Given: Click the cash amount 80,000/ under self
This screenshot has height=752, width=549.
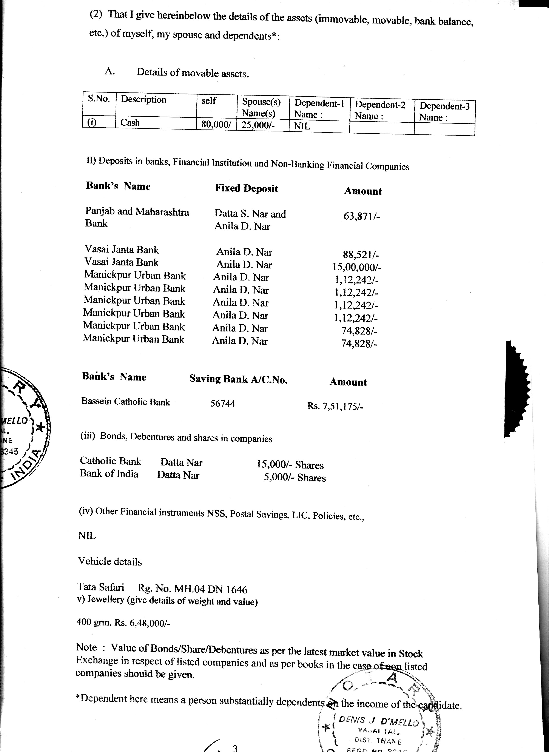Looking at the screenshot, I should tap(216, 124).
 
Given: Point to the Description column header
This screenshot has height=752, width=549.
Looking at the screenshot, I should tap(143, 99).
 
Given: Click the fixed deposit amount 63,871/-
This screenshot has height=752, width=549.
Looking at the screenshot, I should tap(362, 216).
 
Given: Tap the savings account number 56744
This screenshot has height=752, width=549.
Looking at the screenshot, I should tap(223, 403).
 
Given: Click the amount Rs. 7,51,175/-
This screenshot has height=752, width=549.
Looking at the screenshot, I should tap(335, 406).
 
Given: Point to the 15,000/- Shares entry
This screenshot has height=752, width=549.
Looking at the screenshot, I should tap(290, 465).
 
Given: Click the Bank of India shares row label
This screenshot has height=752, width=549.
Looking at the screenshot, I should tap(109, 473).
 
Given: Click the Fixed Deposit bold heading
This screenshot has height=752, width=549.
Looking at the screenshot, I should tap(246, 188).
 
